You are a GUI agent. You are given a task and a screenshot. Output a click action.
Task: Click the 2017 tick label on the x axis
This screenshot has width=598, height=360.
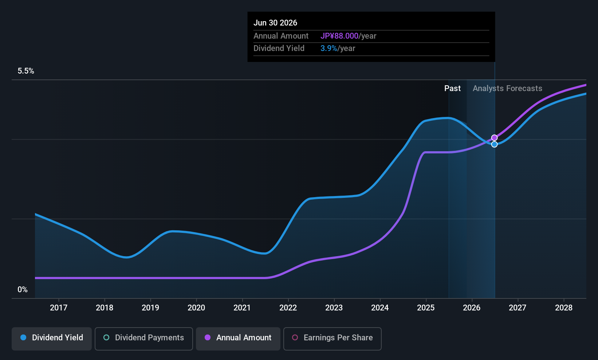(x=59, y=308)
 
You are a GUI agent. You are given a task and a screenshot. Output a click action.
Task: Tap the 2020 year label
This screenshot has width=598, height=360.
(x=196, y=308)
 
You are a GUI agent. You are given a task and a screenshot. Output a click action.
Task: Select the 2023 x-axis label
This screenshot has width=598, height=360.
(x=334, y=308)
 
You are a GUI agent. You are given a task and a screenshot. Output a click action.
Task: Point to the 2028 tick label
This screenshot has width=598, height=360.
(x=563, y=308)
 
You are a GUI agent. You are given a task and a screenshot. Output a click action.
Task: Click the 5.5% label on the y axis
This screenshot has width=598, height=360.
(x=26, y=71)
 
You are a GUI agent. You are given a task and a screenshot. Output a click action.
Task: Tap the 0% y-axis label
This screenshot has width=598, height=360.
(x=23, y=290)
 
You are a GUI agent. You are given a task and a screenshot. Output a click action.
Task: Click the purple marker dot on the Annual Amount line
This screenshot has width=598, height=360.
(x=494, y=138)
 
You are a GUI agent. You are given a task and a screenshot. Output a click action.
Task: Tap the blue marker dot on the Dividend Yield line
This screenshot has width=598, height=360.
(x=494, y=144)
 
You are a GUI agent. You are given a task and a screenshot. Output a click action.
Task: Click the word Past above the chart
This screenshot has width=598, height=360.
(x=452, y=89)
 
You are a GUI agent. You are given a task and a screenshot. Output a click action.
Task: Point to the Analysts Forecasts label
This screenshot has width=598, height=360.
(x=507, y=89)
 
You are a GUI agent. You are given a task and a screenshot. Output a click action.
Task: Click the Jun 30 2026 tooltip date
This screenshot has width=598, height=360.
(x=275, y=23)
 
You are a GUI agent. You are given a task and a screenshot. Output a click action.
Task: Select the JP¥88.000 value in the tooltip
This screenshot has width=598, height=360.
(x=339, y=36)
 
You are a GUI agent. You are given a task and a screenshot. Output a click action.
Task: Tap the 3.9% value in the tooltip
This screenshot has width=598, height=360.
(x=329, y=48)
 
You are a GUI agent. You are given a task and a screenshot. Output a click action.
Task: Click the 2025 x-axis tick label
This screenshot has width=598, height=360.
(x=426, y=308)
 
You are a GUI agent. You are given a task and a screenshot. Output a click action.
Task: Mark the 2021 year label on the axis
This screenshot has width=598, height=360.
(x=242, y=308)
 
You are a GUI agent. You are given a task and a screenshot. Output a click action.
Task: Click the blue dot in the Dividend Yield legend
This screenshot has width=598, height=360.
(x=23, y=338)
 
